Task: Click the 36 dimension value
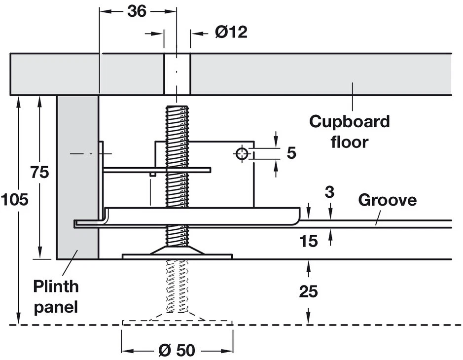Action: point(137,10)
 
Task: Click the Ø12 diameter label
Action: point(231,33)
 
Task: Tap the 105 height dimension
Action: point(14,200)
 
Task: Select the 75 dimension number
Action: point(39,173)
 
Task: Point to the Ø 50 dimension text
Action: point(177,351)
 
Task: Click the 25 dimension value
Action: point(308,291)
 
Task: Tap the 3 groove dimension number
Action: point(329,192)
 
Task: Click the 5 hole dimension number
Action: point(291,153)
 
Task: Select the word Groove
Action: point(387,200)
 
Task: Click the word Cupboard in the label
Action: point(349,121)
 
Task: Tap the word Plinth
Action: point(56,286)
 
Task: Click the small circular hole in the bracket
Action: point(242,154)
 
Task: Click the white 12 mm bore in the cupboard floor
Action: point(177,74)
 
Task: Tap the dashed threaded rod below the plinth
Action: point(177,286)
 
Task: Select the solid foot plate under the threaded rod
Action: point(177,256)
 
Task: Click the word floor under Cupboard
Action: point(349,143)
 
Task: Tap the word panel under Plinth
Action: point(56,307)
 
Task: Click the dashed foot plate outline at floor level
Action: point(177,323)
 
